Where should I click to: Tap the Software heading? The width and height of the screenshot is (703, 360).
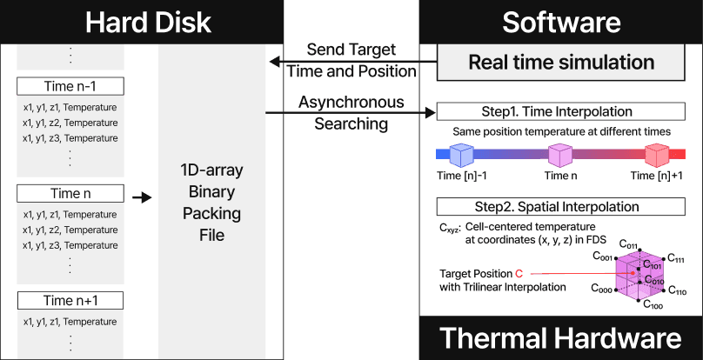[561, 21]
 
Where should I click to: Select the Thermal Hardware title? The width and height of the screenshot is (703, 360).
[559, 338]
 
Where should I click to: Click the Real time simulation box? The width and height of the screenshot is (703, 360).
[561, 63]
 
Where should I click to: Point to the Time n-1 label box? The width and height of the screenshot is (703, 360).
[70, 86]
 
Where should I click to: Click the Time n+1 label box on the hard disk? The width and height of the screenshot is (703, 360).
[70, 301]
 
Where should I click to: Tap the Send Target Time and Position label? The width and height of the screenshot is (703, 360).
[351, 60]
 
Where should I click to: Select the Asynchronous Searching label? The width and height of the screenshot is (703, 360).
[351, 113]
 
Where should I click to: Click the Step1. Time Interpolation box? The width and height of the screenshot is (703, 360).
[561, 112]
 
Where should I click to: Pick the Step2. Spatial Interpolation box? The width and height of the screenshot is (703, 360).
[561, 207]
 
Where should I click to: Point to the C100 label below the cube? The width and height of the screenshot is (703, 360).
[653, 306]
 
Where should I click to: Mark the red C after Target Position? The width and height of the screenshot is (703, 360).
[519, 273]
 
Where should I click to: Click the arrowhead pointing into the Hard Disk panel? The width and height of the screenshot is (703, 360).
[271, 61]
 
